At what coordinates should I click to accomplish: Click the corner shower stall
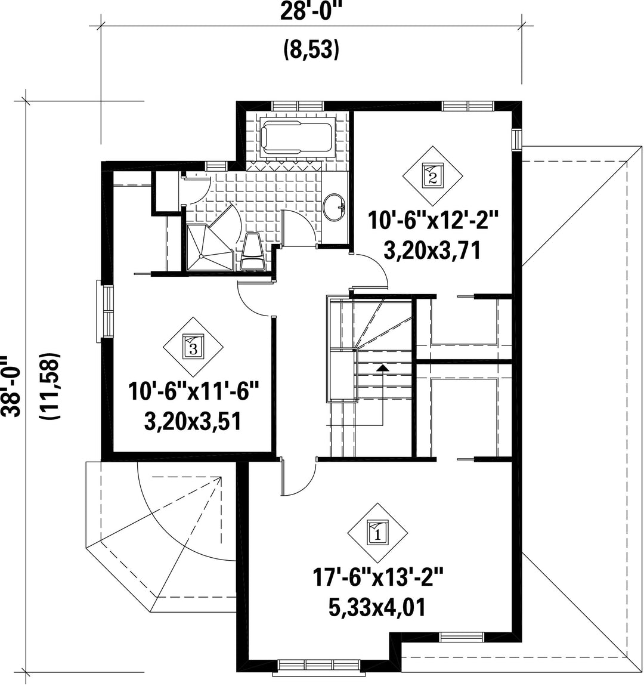pyautogui.click(x=210, y=248)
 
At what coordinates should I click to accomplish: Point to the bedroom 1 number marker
pyautogui.click(x=377, y=533)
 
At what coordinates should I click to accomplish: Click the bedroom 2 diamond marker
pyautogui.click(x=432, y=176)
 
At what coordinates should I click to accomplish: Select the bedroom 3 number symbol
pyautogui.click(x=193, y=347)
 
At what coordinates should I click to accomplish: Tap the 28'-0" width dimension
pyautogui.click(x=311, y=12)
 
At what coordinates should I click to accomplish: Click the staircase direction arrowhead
pyautogui.click(x=383, y=367)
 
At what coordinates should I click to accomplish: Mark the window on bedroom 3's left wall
pyautogui.click(x=105, y=311)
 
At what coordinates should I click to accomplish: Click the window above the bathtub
pyautogui.click(x=298, y=106)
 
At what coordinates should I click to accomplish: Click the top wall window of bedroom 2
pyautogui.click(x=468, y=106)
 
